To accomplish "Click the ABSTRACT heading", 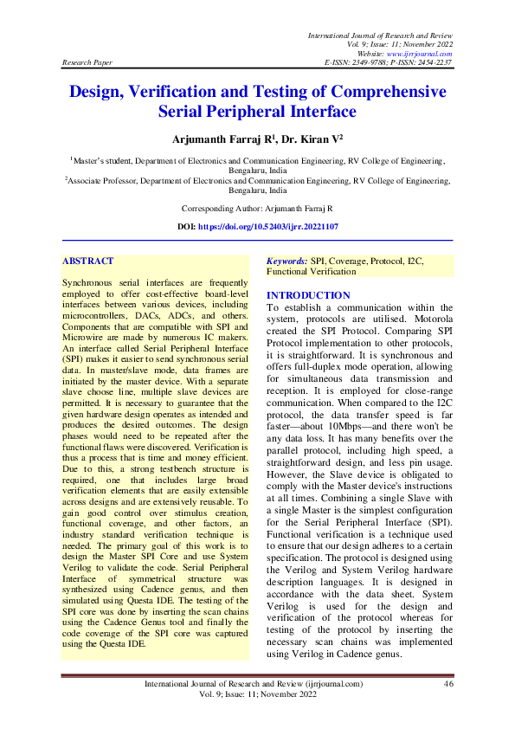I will point(88,260).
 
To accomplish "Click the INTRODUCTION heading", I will point(308,295).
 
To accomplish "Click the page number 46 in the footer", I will point(448,684).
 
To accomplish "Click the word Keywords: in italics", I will point(287,261).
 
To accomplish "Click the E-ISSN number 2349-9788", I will point(370,63).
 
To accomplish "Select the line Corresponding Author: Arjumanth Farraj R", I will point(257,210).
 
